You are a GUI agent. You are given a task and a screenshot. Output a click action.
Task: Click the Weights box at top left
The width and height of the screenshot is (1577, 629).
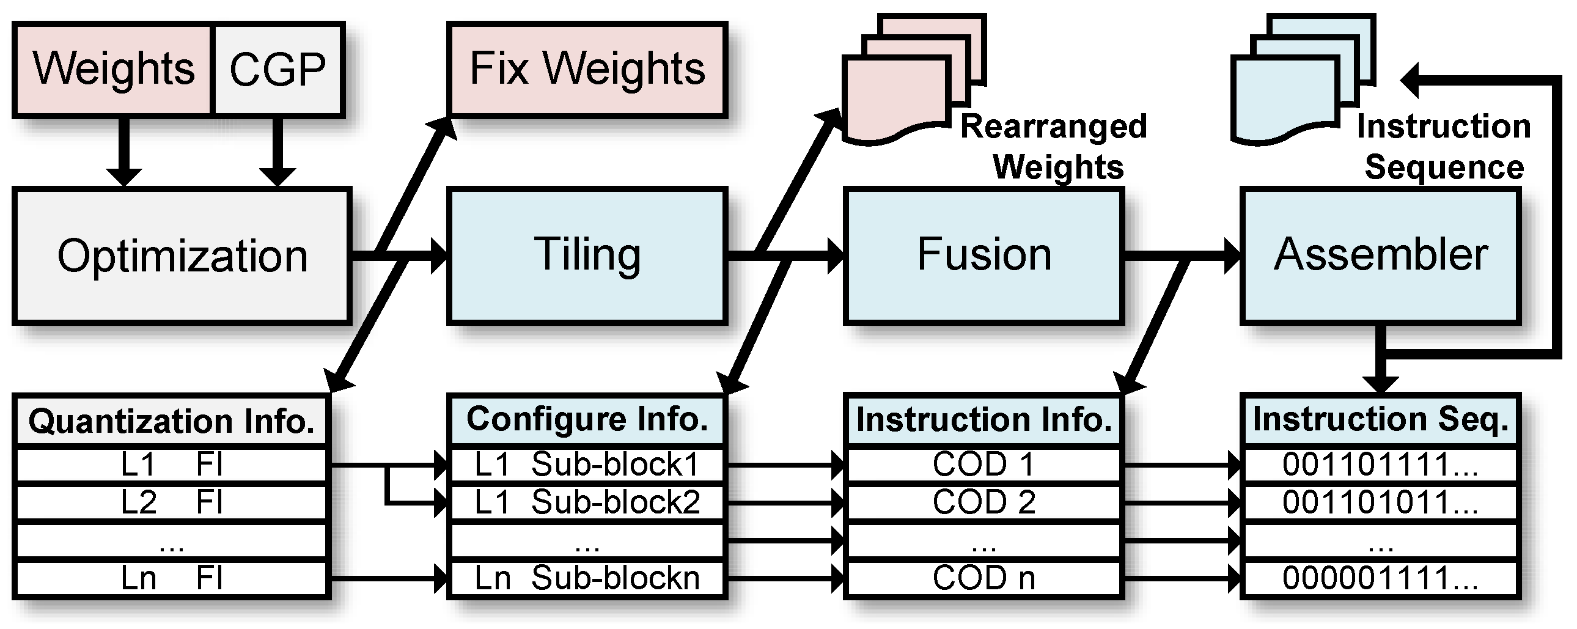point(113,69)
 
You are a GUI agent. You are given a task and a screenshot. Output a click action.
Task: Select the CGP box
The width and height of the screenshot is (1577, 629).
point(278,69)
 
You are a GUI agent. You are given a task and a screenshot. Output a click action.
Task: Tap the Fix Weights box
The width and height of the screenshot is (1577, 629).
point(587,69)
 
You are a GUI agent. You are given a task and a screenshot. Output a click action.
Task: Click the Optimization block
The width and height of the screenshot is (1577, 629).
point(182,256)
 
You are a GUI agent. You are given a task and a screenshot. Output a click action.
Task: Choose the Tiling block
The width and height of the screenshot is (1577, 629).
point(587,255)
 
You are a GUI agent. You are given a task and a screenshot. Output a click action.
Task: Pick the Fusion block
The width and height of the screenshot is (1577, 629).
point(983,255)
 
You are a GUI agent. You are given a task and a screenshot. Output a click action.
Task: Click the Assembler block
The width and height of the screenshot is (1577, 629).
point(1381,255)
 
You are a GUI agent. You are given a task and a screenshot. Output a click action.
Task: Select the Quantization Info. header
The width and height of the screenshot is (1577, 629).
point(171,421)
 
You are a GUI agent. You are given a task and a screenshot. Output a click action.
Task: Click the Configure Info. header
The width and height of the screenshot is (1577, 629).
point(587,419)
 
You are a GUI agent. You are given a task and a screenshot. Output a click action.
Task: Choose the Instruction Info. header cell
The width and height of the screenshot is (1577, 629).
point(983,420)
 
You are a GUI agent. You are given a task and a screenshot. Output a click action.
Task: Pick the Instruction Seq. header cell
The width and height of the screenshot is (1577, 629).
point(1381,419)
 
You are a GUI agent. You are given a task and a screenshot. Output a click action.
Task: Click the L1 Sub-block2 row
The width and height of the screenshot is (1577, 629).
point(587,502)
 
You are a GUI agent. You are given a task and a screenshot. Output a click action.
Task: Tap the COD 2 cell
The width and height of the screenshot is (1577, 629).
point(983,502)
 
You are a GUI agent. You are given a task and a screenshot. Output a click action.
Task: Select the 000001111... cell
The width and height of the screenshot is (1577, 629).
point(1381,578)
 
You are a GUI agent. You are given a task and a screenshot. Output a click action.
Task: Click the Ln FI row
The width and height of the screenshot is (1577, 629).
point(171,578)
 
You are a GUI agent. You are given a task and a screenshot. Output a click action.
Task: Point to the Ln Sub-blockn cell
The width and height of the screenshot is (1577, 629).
point(587,578)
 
